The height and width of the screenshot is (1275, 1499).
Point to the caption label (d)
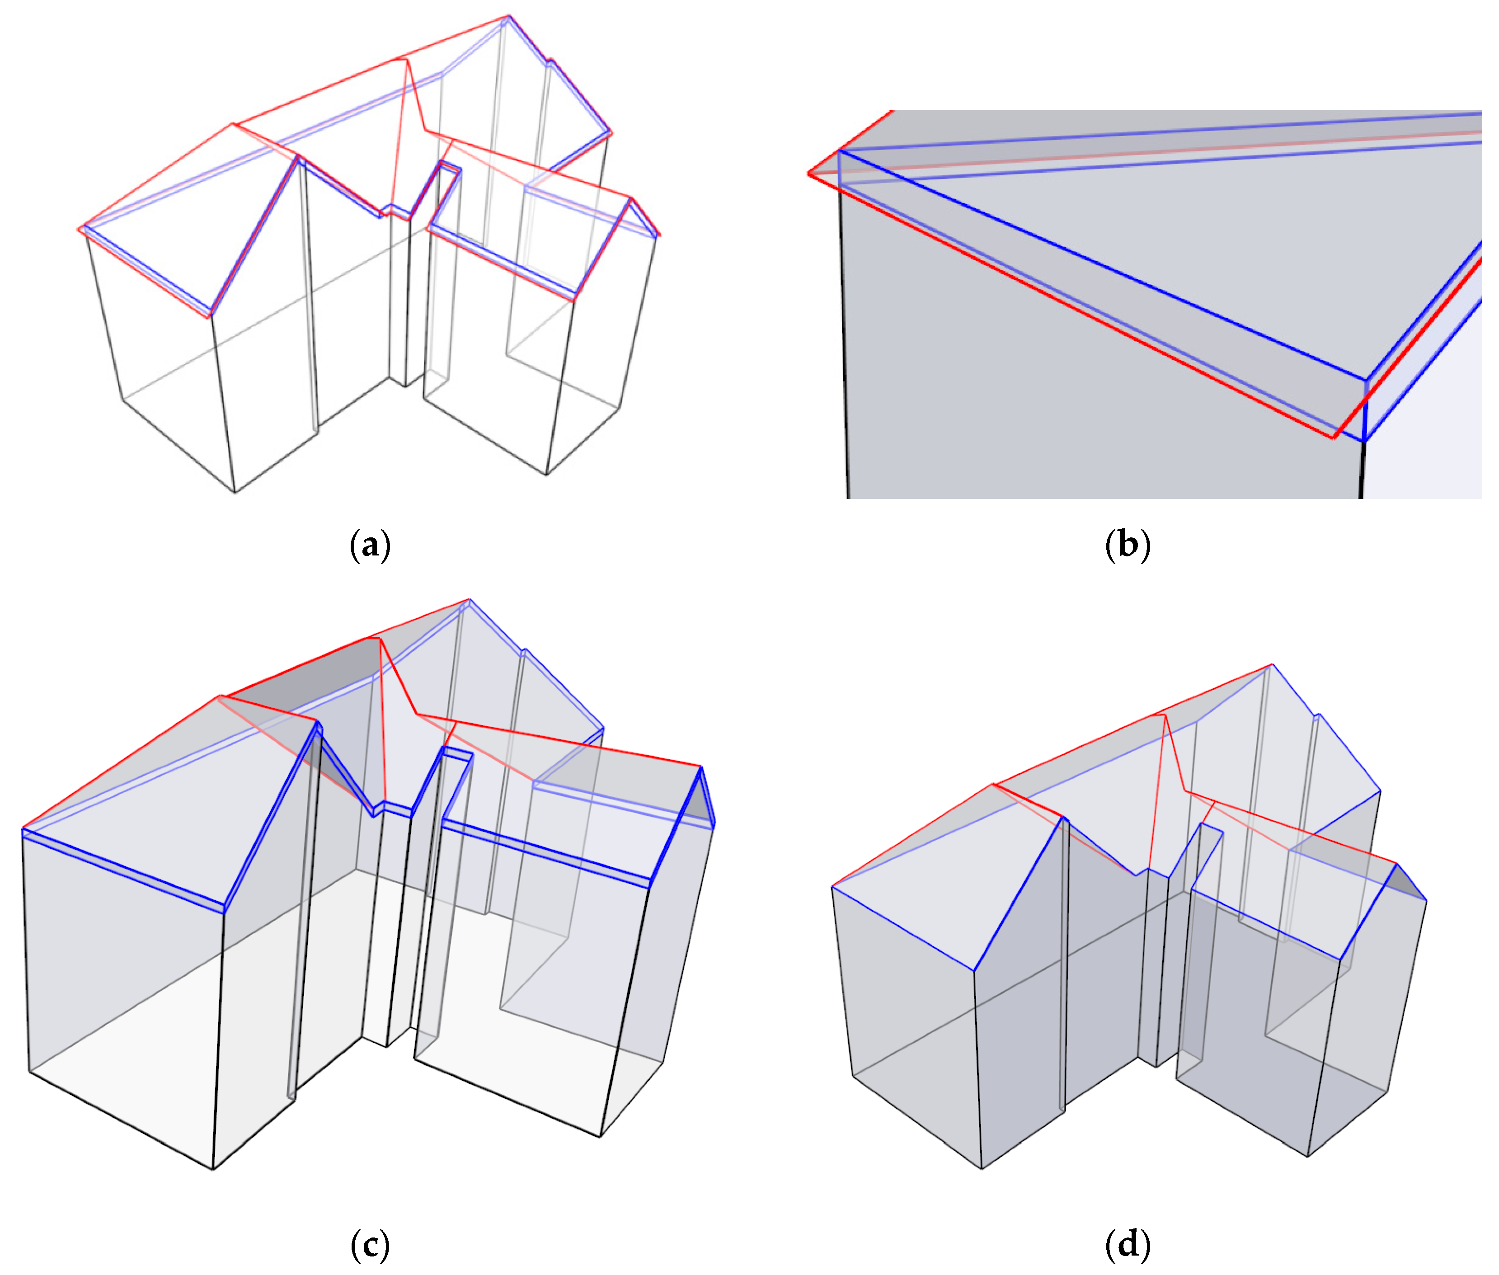(1127, 1244)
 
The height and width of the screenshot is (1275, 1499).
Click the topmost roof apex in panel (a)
(509, 16)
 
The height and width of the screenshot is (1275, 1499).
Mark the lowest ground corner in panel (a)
(235, 492)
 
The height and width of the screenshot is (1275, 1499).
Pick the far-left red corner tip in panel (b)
(809, 174)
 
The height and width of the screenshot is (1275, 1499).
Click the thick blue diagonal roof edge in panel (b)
(1099, 264)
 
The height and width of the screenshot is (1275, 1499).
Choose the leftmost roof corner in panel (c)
(23, 829)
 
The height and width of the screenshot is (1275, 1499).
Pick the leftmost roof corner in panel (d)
(832, 886)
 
